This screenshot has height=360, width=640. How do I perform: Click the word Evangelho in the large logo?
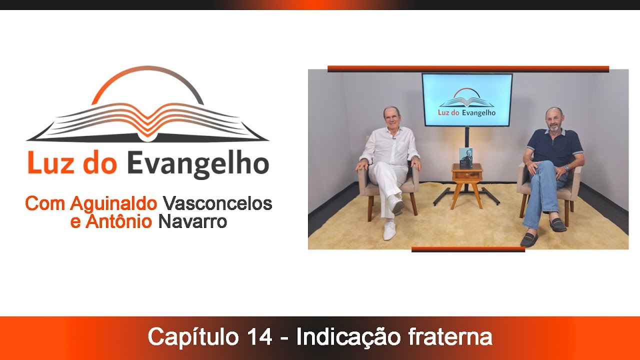point(198,164)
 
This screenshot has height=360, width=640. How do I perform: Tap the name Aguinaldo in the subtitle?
point(114,203)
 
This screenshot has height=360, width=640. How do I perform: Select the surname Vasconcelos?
point(217,203)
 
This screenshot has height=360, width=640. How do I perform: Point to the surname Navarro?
point(192,221)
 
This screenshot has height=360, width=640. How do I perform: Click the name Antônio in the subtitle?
point(118,221)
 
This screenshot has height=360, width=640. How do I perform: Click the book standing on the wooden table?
point(466,157)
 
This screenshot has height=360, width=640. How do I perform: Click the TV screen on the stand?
point(467,99)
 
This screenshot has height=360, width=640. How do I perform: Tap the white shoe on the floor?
point(389,230)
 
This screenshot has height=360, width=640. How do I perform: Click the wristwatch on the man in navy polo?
point(566,168)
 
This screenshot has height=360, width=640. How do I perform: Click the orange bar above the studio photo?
point(468,68)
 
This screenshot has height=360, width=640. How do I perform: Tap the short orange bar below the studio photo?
point(468,249)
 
